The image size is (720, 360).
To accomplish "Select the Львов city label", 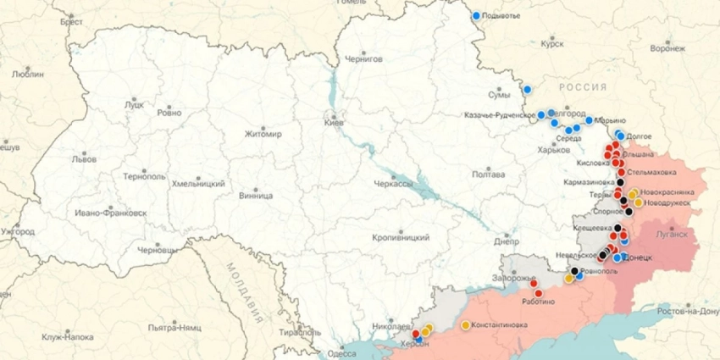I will tap(84, 158).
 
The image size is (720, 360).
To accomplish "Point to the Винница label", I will tap(256, 194).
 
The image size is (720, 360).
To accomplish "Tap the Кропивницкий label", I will tap(402, 238).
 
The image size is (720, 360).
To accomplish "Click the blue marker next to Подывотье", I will tap(476, 15).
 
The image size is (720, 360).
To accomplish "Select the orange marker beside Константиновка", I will tap(465, 325).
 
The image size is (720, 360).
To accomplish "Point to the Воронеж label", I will tap(668, 48).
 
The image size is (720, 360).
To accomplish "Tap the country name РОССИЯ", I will tap(582, 87).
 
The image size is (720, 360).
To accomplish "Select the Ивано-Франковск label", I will tap(110, 212).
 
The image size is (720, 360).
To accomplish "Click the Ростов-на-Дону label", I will tap(691, 311).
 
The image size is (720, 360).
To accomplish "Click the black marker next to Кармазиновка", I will tap(620, 181).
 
